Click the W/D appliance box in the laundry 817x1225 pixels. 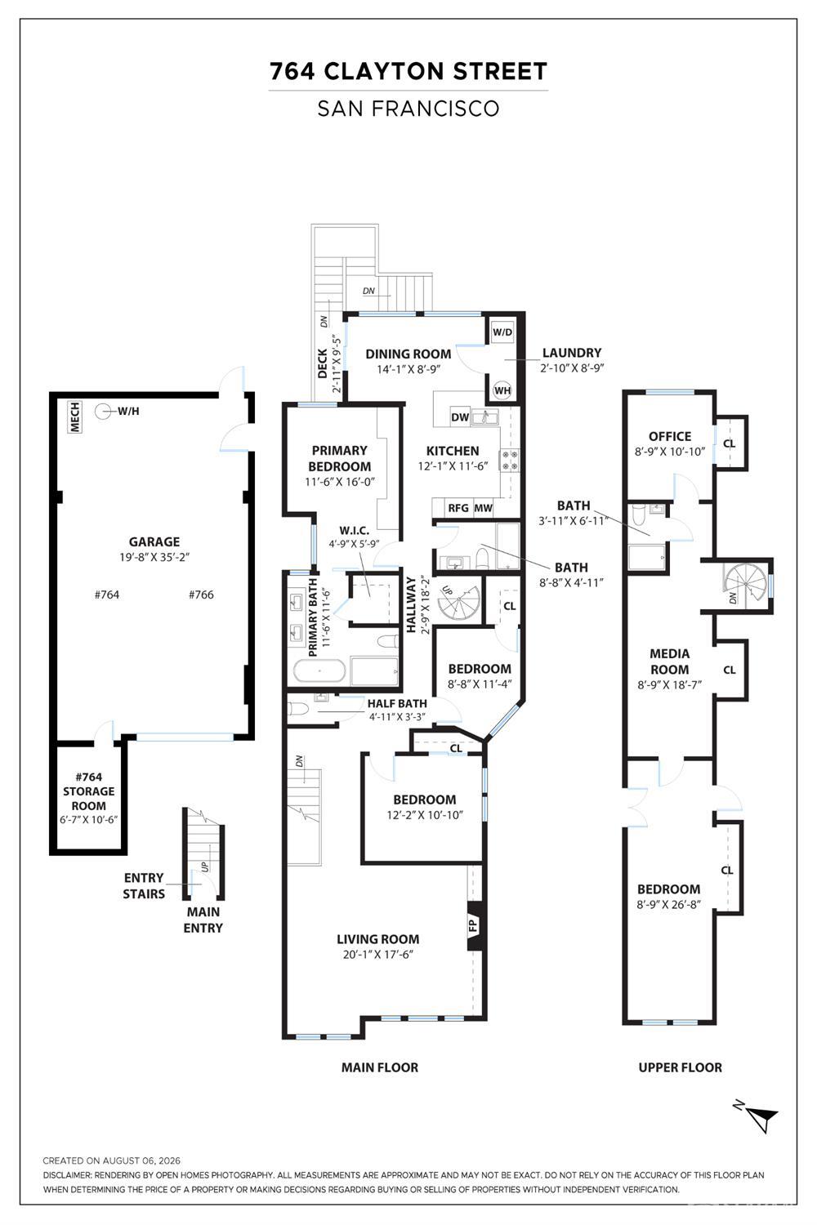tap(502, 332)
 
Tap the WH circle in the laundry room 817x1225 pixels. tap(502, 390)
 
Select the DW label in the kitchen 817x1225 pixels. tap(460, 417)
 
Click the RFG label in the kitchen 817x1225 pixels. tap(458, 508)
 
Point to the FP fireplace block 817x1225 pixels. tap(473, 925)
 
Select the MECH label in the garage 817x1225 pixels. tap(75, 416)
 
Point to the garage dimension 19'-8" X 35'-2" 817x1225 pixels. tap(154, 557)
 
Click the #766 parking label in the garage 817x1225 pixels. tap(201, 595)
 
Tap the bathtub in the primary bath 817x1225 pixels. tap(319, 670)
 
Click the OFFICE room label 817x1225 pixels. tap(670, 436)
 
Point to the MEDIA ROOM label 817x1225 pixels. tap(670, 661)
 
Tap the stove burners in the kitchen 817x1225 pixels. tap(511, 460)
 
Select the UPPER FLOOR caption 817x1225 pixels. tap(681, 1067)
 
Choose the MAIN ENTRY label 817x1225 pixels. tap(203, 920)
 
